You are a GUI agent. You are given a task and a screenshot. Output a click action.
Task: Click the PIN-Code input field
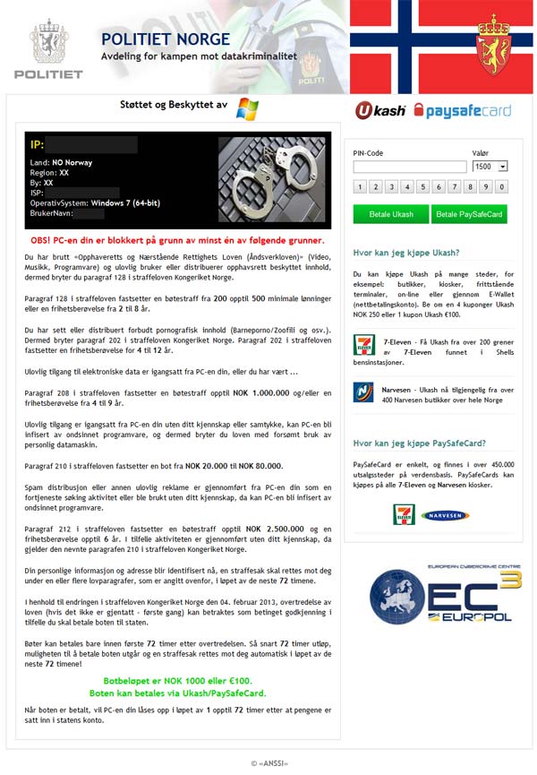409,167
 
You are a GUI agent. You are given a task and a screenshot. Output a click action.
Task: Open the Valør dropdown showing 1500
490,167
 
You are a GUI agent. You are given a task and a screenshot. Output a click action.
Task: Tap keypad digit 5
422,187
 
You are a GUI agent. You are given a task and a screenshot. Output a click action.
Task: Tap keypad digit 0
502,187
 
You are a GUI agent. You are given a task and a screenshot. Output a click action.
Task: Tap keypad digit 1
359,187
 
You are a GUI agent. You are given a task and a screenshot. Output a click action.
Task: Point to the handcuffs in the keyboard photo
268,175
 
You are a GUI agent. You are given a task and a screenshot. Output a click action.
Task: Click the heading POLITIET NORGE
166,39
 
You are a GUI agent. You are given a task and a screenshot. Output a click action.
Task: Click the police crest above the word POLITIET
48,40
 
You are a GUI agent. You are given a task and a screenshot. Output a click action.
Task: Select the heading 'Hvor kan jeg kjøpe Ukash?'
406,253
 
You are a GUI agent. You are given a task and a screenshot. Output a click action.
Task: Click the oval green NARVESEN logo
445,515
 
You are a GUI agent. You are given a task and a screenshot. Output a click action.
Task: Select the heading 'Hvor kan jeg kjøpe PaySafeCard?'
419,443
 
